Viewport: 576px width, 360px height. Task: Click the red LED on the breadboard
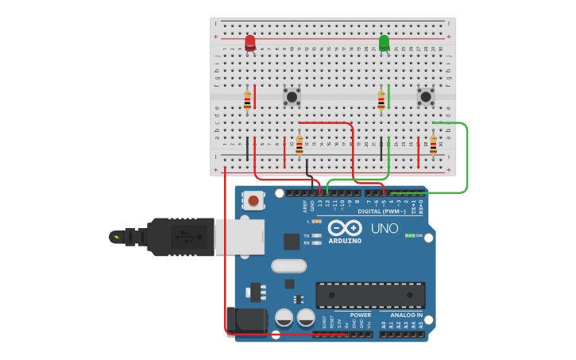(250, 43)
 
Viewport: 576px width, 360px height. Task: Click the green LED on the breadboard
(385, 43)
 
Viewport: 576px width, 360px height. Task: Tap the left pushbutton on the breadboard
(292, 97)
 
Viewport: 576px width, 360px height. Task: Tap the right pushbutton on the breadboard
(426, 97)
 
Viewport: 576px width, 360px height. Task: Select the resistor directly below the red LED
(247, 101)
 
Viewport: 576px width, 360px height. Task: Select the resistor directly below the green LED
(381, 101)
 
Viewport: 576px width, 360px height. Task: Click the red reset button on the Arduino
(253, 201)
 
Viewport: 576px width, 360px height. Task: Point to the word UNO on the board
(385, 229)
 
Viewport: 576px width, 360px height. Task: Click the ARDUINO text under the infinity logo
(345, 241)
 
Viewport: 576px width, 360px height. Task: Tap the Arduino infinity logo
(345, 227)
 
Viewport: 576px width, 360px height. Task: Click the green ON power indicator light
(409, 236)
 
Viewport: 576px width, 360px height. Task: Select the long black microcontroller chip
(370, 295)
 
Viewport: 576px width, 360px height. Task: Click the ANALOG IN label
(406, 315)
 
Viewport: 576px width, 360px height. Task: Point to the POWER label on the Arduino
(360, 315)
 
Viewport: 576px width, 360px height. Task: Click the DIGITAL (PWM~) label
(382, 212)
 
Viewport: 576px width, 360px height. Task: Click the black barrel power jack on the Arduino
(246, 321)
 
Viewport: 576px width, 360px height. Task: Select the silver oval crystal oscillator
(288, 265)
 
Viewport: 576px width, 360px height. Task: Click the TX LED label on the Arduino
(307, 236)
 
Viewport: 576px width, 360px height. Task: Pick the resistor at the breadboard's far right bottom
(433, 145)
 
